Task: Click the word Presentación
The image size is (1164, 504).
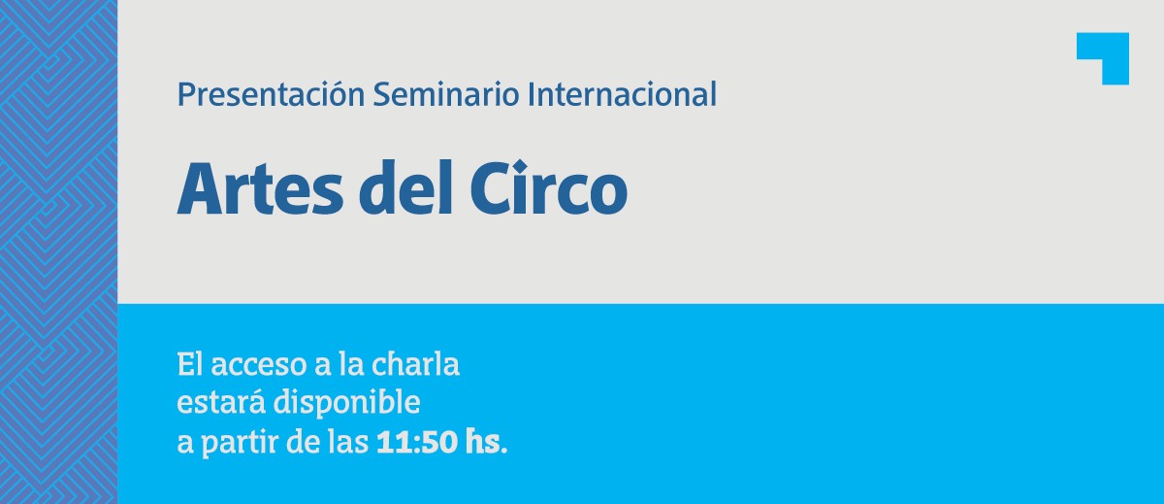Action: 271,94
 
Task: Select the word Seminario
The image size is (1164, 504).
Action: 446,94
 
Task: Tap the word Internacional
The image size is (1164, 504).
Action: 622,94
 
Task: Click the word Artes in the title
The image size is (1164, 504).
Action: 260,188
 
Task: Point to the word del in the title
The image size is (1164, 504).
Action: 405,187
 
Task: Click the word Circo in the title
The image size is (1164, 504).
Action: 549,187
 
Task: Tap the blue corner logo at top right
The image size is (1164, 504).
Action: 1102,58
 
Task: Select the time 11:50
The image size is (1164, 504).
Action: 417,443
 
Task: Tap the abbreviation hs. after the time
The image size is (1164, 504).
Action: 486,442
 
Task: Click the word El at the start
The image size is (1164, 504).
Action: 190,363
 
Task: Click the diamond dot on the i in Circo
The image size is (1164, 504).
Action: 522,167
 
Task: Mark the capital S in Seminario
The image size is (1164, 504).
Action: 382,94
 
